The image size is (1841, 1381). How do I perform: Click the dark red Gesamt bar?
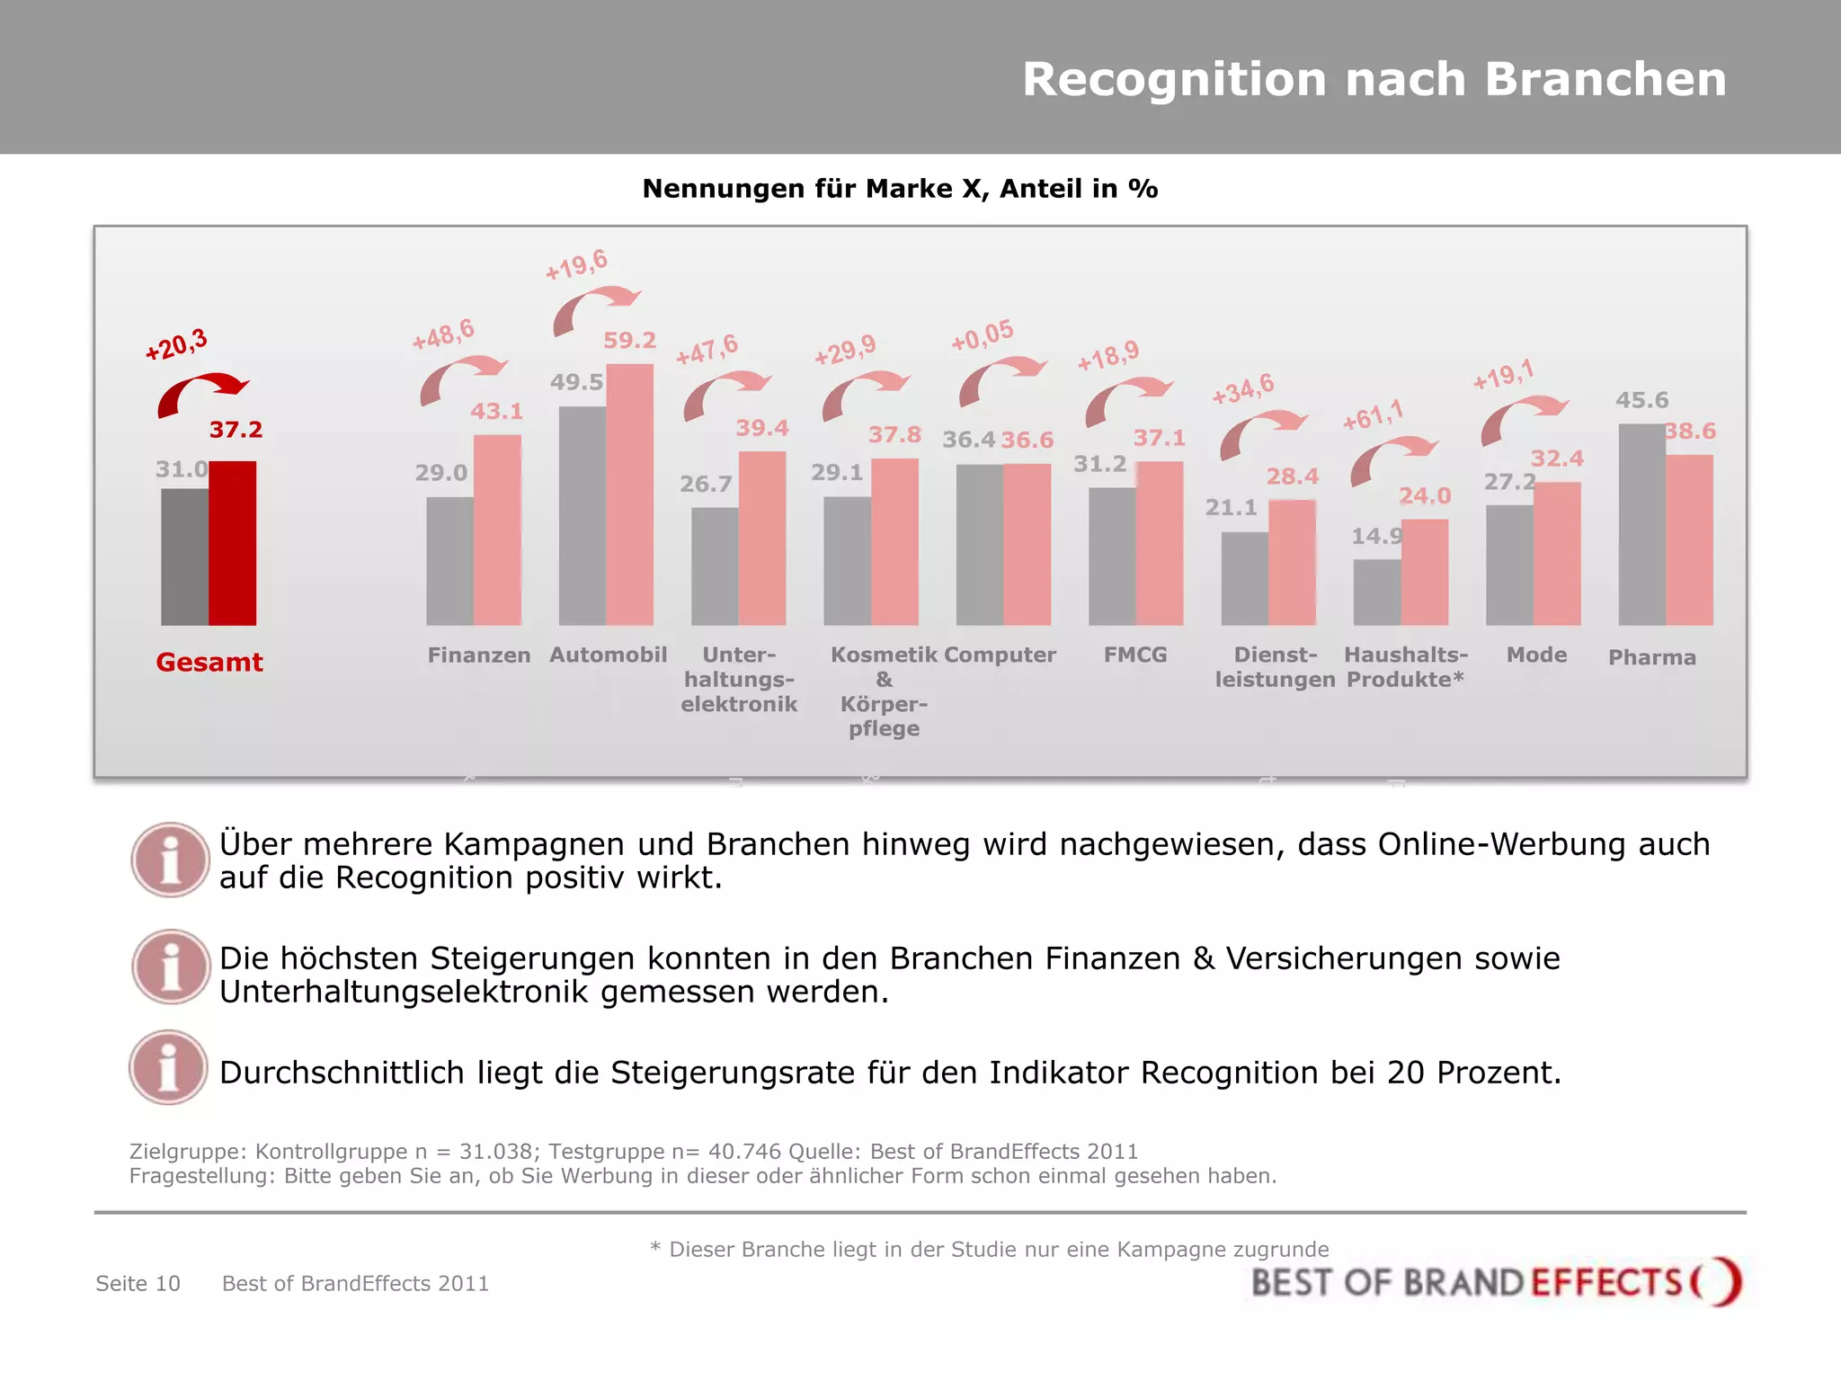232,543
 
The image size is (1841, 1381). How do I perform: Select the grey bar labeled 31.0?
184,557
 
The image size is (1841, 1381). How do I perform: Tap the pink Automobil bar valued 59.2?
629,494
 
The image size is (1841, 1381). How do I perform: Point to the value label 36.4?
968,440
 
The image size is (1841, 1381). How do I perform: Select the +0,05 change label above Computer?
982,335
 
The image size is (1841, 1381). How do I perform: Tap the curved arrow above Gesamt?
201,392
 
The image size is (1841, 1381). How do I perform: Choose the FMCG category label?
1134,655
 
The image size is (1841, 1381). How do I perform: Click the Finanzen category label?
478,655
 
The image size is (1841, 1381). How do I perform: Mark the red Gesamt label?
209,663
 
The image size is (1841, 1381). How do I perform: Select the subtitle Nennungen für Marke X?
899,189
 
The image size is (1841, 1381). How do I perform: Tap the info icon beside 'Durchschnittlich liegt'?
169,1068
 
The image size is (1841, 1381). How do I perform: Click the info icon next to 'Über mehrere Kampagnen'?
170,860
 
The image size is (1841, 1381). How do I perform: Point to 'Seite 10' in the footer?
138,1283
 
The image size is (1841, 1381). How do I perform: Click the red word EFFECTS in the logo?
1605,1282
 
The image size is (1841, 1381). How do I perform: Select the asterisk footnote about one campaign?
989,1249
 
